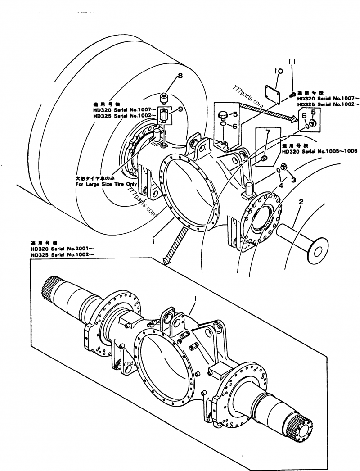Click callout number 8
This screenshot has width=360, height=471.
[180, 76]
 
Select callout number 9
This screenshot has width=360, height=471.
[180, 109]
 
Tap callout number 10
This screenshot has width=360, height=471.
[278, 71]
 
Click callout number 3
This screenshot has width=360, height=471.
[293, 180]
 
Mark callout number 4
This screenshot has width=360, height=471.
[281, 185]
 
